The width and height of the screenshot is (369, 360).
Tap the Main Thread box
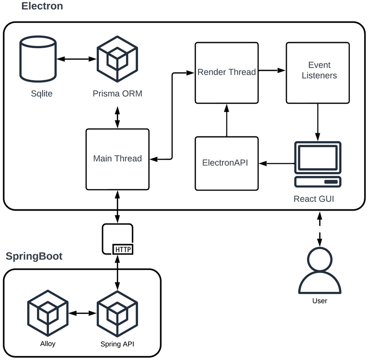pos(117,159)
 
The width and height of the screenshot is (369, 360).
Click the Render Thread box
pos(227,73)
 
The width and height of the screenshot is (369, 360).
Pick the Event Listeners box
pos(317,73)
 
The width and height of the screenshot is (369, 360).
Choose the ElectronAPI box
pos(227,163)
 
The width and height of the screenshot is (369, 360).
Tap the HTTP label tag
pos(123,249)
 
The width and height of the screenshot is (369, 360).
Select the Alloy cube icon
pos(48,313)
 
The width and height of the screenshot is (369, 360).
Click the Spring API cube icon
pos(117,313)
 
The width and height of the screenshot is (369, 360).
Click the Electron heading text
pos(42,6)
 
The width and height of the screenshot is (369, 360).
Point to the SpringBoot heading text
pos(34,256)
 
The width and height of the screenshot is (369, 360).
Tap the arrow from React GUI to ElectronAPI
pos(277,163)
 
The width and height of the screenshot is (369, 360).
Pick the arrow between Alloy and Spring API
pos(82,313)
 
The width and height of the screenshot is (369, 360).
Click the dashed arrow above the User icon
pos(320,228)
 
